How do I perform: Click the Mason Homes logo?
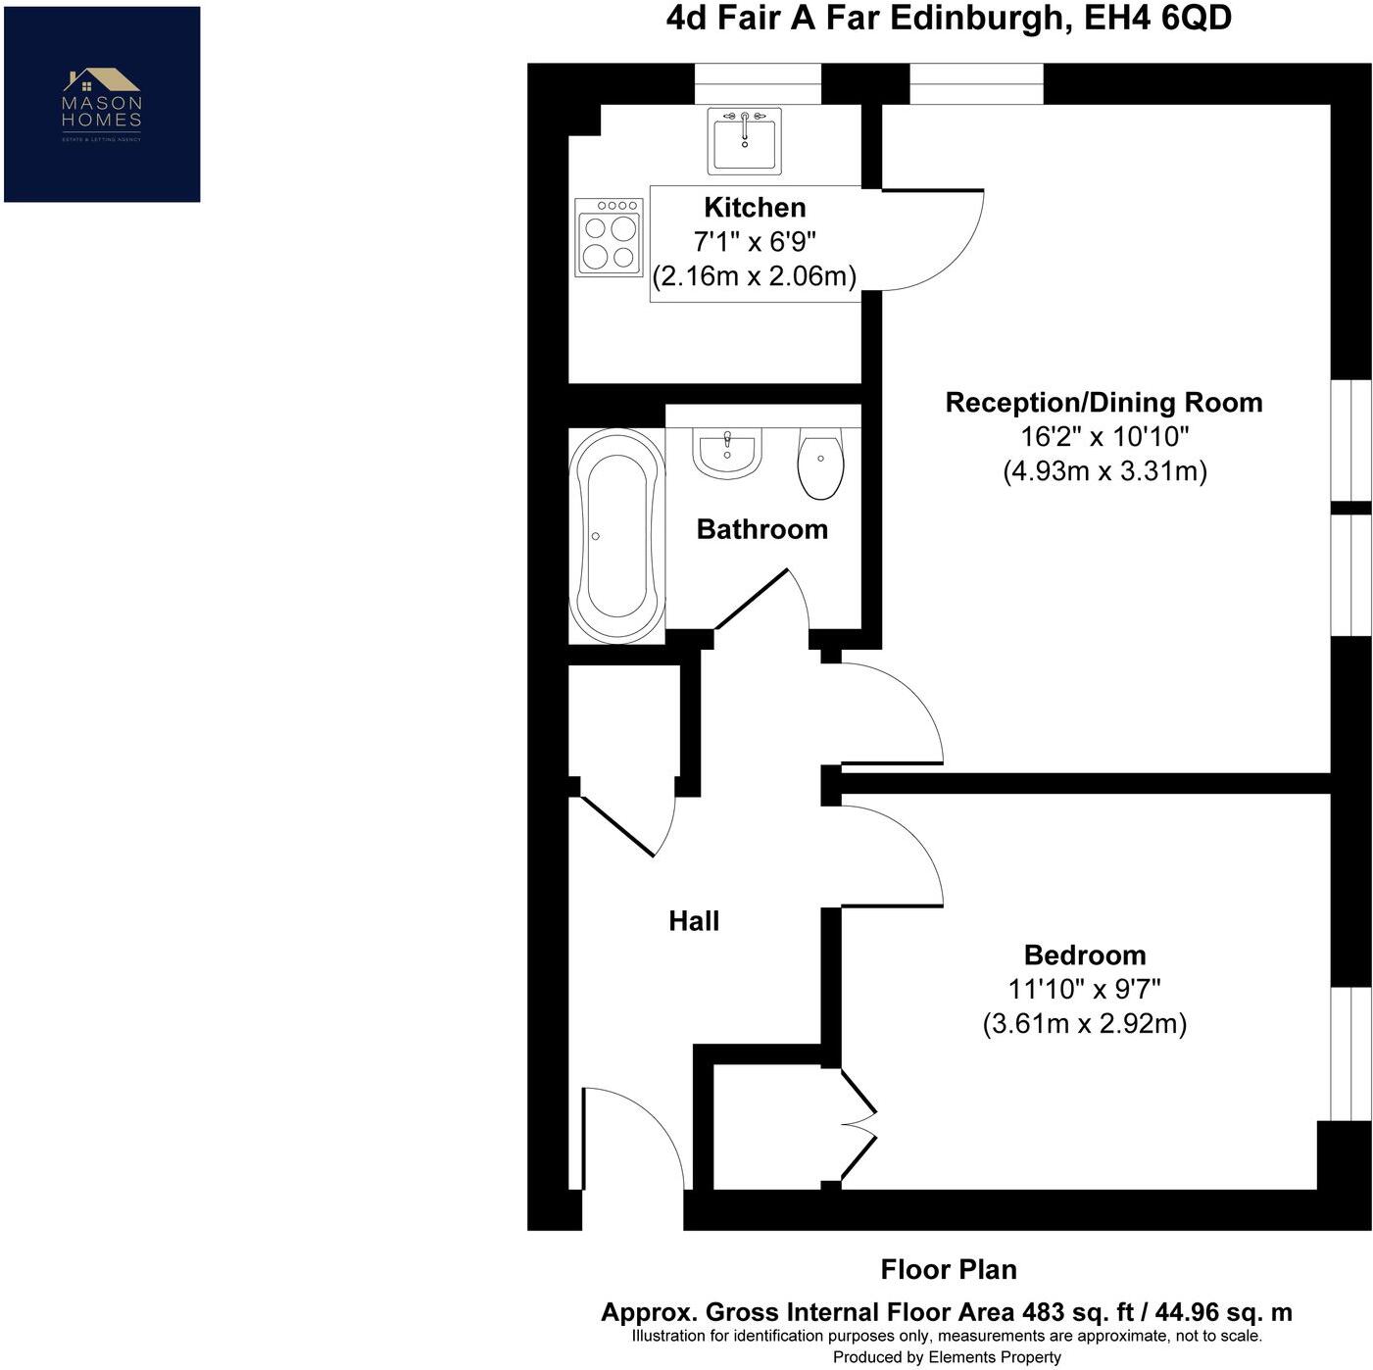(102, 104)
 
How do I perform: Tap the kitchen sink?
(744, 140)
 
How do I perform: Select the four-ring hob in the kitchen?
(608, 237)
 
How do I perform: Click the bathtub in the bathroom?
(616, 536)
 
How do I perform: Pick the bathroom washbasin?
(727, 453)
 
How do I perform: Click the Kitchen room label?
(755, 208)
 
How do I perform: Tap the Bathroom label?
(761, 529)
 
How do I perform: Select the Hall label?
(694, 921)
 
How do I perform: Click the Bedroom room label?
(1084, 954)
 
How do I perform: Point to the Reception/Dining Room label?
(1103, 403)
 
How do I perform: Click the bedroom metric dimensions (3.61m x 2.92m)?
(1084, 1024)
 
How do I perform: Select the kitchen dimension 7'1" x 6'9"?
(755, 242)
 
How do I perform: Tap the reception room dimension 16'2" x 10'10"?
(1104, 437)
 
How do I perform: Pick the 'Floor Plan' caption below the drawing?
(948, 1269)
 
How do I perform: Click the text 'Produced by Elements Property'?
(947, 1357)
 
